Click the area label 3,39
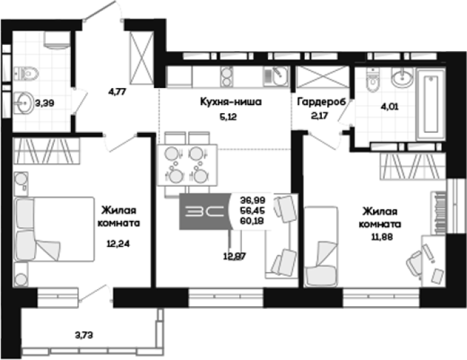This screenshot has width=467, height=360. [45, 104]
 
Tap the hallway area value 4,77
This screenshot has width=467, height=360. [117, 91]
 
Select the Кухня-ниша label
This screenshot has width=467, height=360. [231, 102]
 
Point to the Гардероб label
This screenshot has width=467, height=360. [322, 102]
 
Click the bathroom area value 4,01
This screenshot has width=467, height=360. [389, 106]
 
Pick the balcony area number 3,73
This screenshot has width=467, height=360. [84, 335]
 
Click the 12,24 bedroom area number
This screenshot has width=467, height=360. [118, 244]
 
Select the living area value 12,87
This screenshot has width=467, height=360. [235, 256]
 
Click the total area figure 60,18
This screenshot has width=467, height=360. [252, 221]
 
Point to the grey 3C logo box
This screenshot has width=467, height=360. [205, 211]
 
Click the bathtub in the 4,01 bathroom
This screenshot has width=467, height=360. [431, 104]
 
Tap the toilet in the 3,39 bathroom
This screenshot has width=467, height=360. [26, 73]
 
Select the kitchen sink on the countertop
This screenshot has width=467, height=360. [276, 76]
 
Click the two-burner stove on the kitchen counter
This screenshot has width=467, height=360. [226, 76]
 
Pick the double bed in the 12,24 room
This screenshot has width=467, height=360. [54, 229]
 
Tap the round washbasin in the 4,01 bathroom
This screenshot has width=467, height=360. [402, 77]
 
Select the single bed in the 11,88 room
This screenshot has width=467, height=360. [321, 247]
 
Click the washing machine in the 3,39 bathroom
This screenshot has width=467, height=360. [57, 40]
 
